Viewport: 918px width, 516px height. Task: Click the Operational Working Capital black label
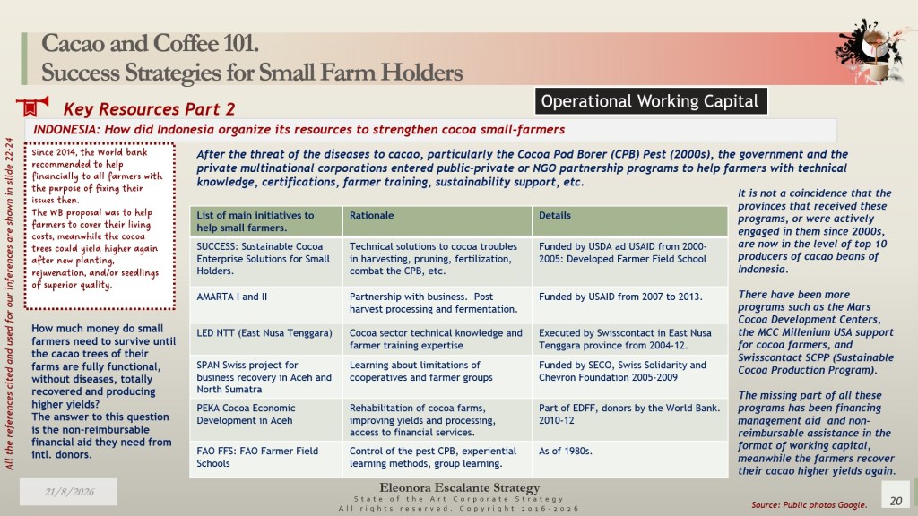[651, 101]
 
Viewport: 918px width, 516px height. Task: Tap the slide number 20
[896, 500]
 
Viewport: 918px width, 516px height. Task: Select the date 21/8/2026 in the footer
[68, 492]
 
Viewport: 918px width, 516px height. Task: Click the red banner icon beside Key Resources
[33, 107]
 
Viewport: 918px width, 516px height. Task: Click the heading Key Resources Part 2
[150, 109]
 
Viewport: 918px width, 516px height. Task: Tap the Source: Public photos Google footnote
[810, 505]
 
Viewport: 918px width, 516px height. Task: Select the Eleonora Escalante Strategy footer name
[460, 487]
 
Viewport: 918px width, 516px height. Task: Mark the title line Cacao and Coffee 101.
[150, 43]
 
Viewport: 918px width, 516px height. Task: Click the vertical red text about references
[9, 304]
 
